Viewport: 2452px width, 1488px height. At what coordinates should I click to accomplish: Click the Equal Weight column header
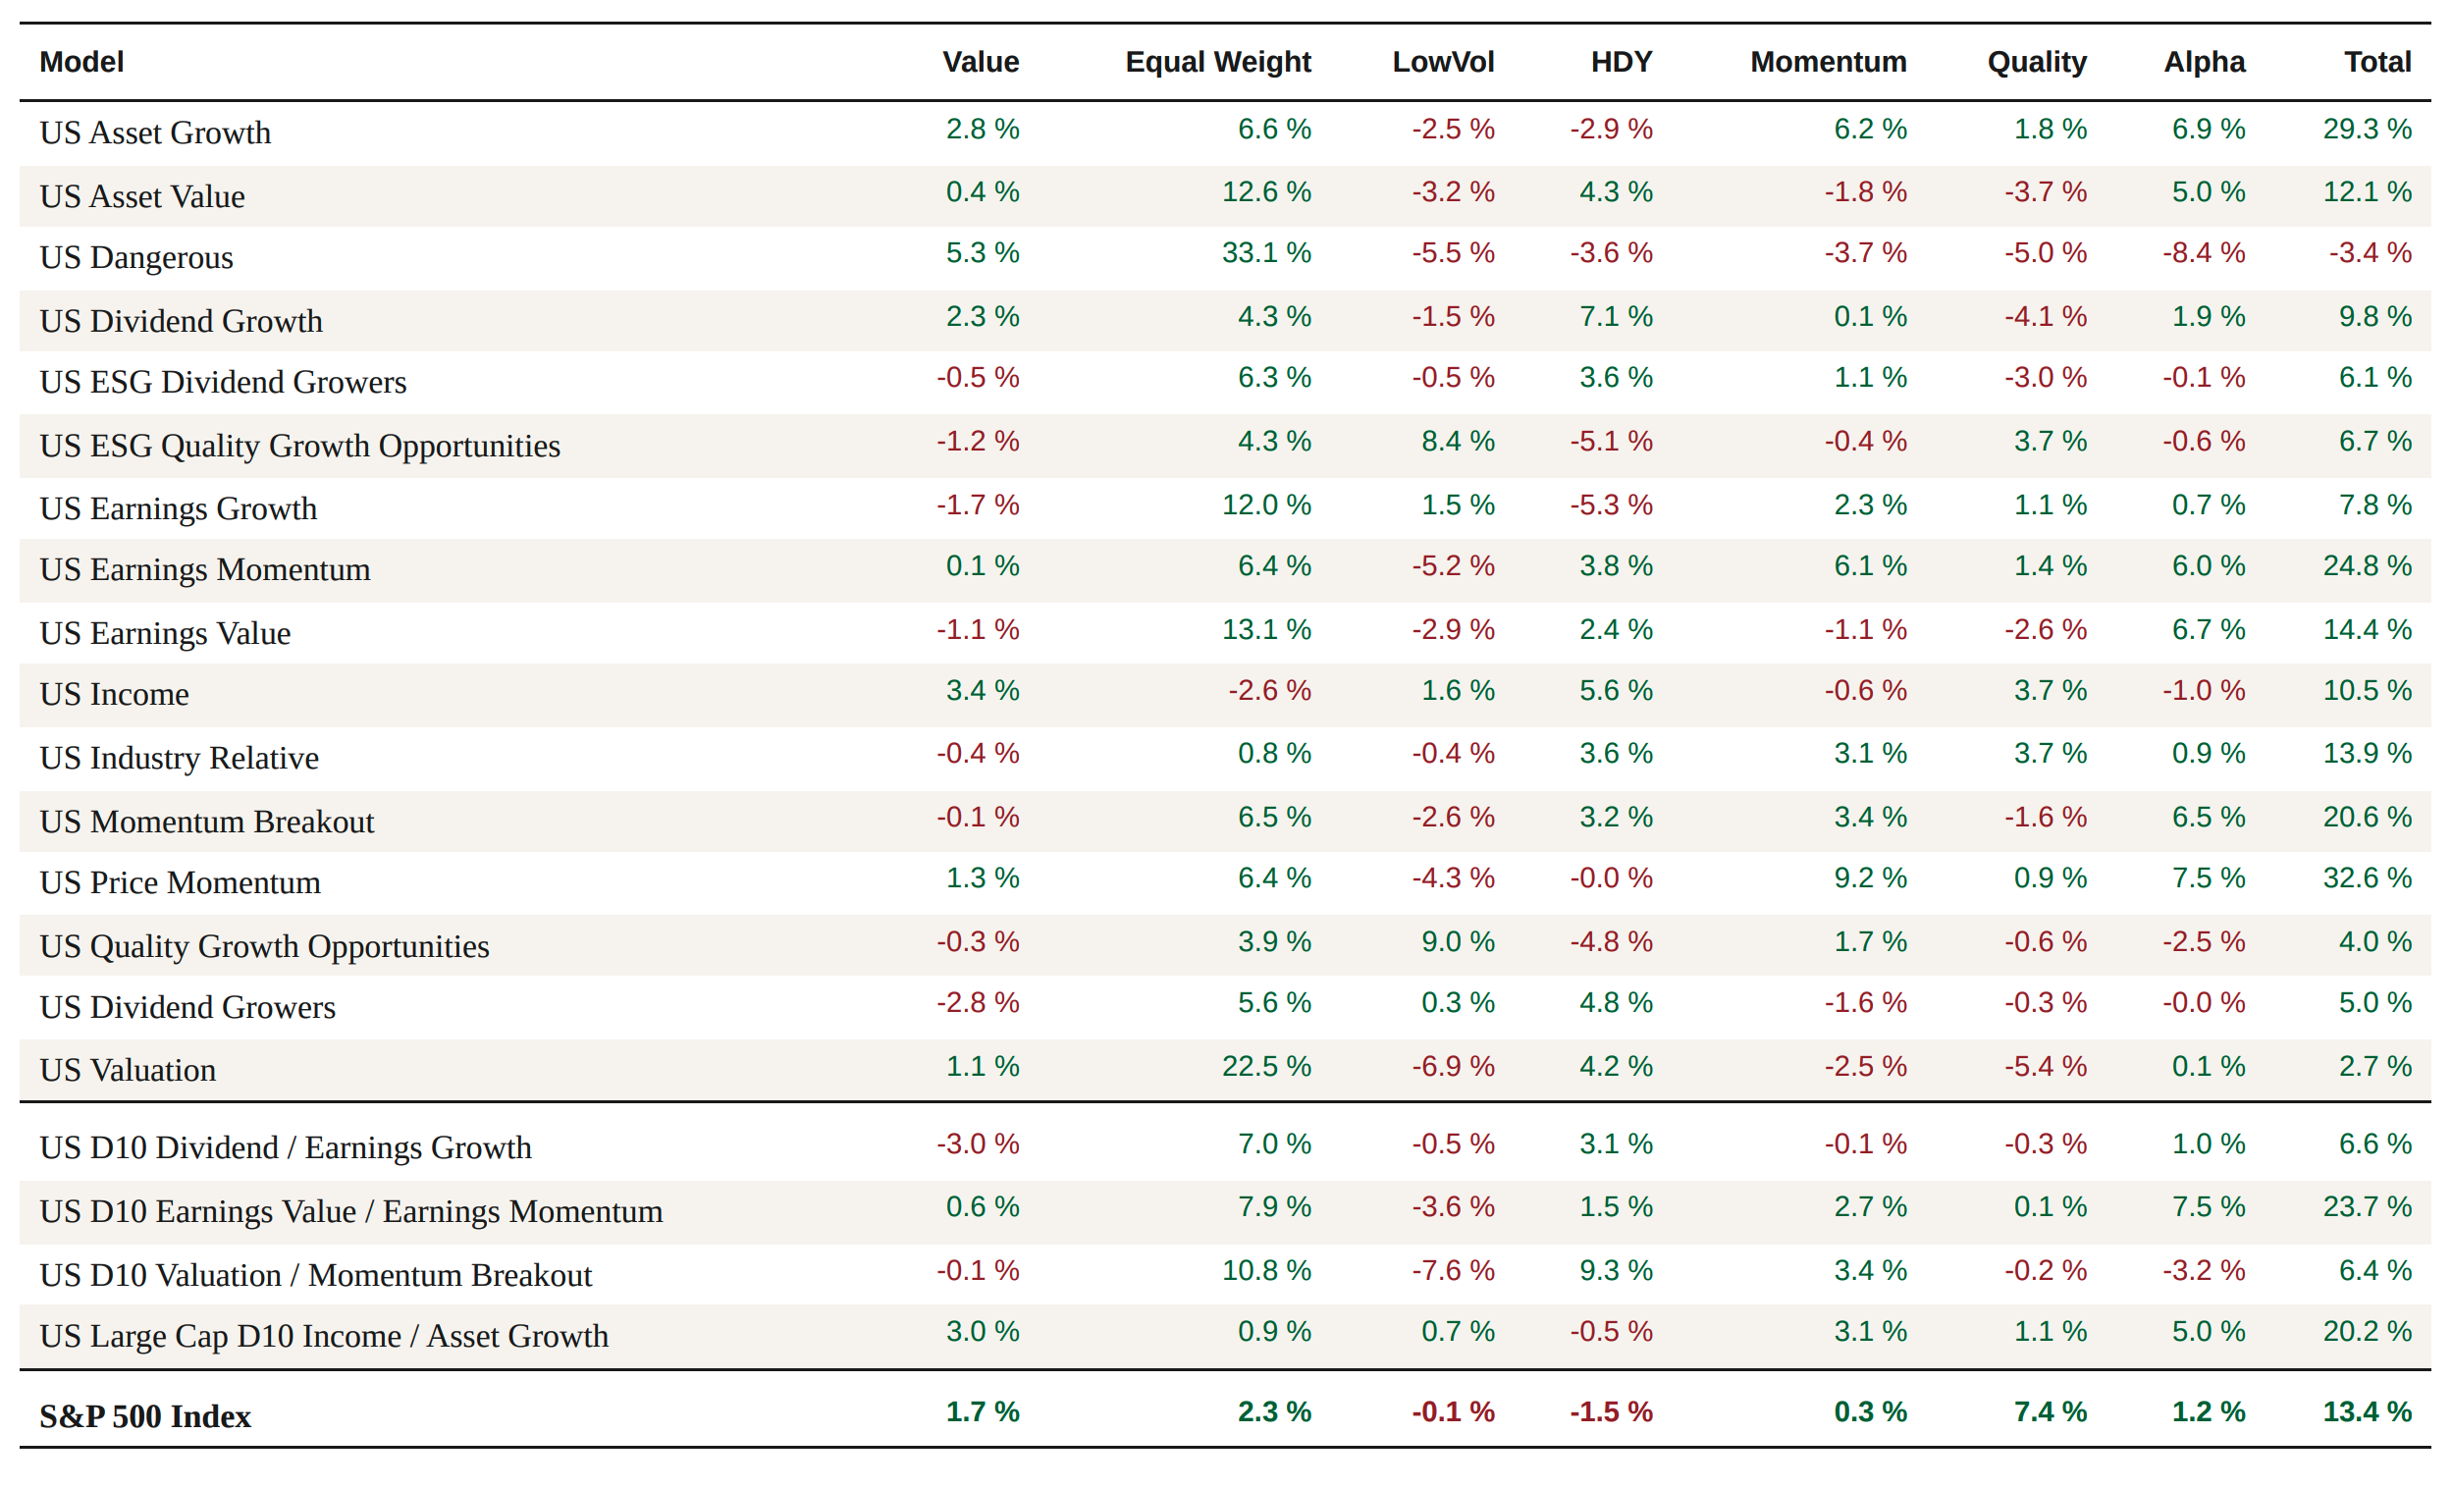[1218, 62]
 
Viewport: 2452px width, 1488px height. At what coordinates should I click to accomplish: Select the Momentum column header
[1828, 62]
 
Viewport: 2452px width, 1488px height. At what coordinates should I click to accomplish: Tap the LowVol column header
[1443, 62]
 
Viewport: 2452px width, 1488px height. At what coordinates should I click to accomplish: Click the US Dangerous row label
[136, 258]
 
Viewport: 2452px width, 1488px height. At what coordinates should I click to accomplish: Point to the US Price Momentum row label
[180, 882]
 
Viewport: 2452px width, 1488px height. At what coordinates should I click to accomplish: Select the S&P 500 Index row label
[145, 1415]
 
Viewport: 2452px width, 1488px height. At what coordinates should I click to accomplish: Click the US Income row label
[115, 694]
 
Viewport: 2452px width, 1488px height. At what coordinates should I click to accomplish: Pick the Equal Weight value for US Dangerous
[1266, 253]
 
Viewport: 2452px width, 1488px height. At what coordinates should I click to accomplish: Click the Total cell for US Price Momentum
[2367, 877]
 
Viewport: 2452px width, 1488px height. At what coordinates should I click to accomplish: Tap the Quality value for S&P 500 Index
[2050, 1411]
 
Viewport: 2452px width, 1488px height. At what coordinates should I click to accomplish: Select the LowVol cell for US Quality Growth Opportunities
[1457, 941]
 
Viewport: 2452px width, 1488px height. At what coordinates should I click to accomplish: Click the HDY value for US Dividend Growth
[1615, 316]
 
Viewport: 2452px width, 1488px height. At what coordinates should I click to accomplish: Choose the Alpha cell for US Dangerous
[2204, 253]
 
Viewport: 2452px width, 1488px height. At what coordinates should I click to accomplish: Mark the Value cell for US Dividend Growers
[978, 1002]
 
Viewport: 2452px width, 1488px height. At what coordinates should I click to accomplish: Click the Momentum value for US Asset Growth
[1870, 129]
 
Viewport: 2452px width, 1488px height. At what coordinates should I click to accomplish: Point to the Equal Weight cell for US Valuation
[1266, 1066]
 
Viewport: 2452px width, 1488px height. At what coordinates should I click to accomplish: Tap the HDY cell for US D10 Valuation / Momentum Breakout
[1615, 1270]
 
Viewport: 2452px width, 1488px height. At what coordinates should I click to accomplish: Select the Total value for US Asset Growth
[2367, 129]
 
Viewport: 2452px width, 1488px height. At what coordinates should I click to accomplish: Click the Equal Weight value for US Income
[1269, 690]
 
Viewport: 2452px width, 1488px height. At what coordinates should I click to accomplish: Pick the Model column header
[81, 62]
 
